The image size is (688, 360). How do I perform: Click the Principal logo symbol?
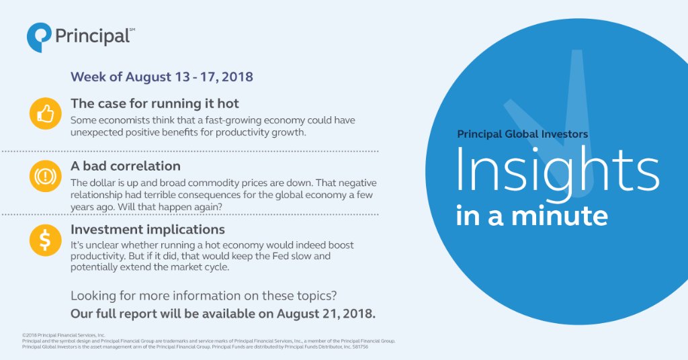38,36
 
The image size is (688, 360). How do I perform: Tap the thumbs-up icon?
45,114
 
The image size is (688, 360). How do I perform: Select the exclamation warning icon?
45,177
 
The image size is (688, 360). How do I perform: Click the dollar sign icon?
45,240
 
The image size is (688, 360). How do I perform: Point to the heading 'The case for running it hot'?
155,104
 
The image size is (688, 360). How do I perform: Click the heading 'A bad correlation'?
126,167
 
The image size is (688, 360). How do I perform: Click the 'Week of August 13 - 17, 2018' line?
162,77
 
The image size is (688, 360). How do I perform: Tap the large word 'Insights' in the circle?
557,169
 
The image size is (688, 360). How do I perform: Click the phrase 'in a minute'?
532,216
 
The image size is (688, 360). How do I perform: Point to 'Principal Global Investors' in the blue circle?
522,134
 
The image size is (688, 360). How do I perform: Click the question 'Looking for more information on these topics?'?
204,296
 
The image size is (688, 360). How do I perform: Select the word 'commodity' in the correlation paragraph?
232,183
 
